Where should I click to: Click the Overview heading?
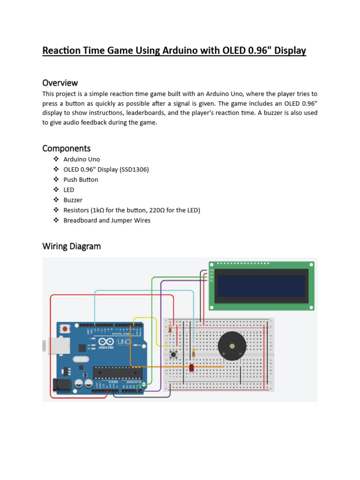pyautogui.click(x=60, y=83)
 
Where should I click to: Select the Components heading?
pyautogui.click(x=66, y=149)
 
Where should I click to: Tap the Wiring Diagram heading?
pyautogui.click(x=71, y=246)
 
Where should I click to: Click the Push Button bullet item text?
pyautogui.click(x=81, y=180)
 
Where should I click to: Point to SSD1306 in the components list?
pyautogui.click(x=134, y=169)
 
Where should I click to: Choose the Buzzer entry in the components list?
pyautogui.click(x=73, y=200)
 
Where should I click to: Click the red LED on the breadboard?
pyautogui.click(x=191, y=368)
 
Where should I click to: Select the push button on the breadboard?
pyautogui.click(x=173, y=354)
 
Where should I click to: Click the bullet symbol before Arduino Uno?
pyautogui.click(x=56, y=159)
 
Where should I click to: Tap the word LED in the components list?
pyautogui.click(x=69, y=190)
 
